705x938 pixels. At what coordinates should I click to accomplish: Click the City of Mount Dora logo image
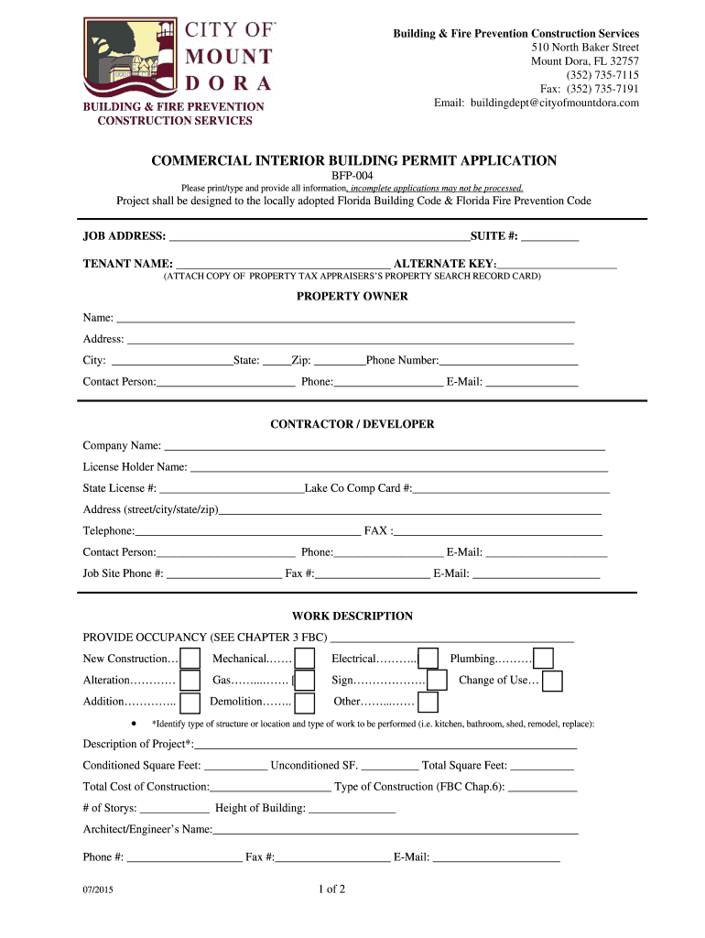(x=179, y=58)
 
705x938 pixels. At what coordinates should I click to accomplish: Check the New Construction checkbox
(x=190, y=660)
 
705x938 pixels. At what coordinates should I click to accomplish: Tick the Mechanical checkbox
(x=305, y=660)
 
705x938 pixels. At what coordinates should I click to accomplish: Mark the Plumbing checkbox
(x=543, y=659)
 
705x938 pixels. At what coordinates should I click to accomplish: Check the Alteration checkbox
(x=190, y=681)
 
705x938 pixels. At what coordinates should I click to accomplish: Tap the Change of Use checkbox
(x=552, y=682)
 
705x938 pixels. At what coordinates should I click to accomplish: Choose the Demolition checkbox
(x=305, y=703)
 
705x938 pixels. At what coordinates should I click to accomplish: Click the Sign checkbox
(x=437, y=681)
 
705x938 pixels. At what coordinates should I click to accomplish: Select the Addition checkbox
(x=190, y=703)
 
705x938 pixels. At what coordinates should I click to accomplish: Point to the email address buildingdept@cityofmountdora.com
(x=537, y=103)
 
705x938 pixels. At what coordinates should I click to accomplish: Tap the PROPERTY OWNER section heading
(x=352, y=297)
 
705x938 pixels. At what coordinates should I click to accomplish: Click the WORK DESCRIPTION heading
(x=352, y=616)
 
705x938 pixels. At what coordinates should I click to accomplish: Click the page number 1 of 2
(x=331, y=889)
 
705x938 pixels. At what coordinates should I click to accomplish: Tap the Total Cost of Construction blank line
(x=270, y=788)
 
